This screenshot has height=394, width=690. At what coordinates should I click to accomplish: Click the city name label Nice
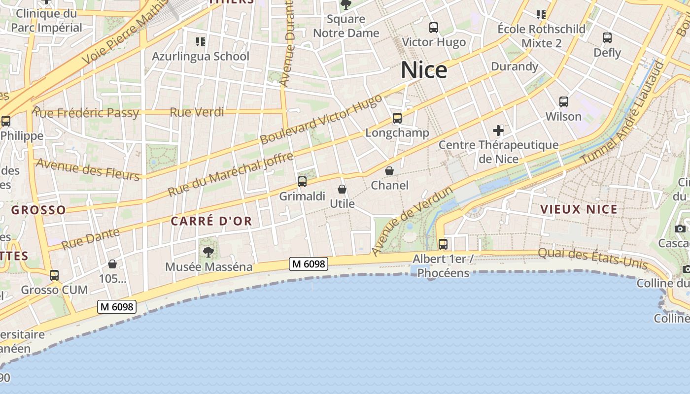tap(424, 70)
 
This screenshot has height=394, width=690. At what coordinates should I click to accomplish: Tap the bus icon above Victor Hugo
tap(434, 28)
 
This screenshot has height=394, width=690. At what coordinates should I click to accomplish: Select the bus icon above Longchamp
tap(397, 118)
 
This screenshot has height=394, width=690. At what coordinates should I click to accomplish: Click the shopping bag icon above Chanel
tap(389, 171)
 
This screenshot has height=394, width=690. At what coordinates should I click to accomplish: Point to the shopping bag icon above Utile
tap(342, 189)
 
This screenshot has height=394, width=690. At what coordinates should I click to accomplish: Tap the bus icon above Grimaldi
tap(302, 182)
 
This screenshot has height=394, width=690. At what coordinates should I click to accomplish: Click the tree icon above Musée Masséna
tap(208, 252)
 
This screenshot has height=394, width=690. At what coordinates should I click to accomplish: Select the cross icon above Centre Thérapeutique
tap(498, 131)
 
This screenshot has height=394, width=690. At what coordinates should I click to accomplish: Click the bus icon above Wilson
tap(564, 102)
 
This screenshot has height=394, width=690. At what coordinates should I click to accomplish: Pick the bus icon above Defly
tap(607, 38)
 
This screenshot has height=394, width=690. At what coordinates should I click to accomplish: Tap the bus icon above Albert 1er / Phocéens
tap(443, 244)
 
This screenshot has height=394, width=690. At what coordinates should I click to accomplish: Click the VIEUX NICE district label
tap(579, 209)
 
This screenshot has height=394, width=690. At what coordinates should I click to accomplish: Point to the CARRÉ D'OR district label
tap(211, 221)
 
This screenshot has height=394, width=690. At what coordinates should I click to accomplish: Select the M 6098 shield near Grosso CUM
tap(116, 307)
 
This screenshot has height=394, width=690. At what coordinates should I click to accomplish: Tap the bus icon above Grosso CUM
tap(54, 275)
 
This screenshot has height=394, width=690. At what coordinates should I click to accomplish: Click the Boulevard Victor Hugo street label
tap(321, 119)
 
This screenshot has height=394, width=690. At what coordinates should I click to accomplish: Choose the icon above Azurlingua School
tap(200, 42)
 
